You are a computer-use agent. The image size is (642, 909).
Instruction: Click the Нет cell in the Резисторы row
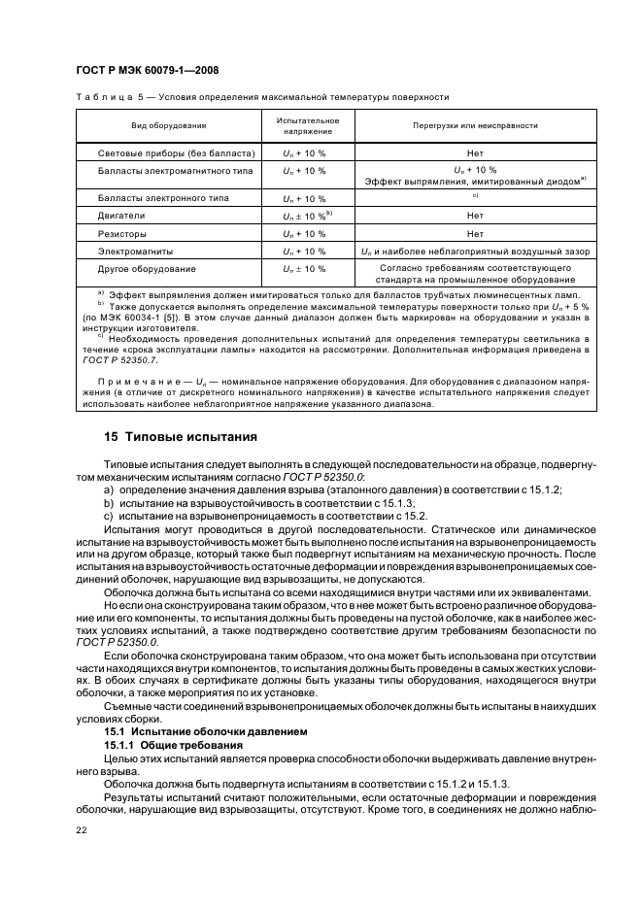pos(475,233)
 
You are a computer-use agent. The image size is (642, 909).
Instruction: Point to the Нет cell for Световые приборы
pos(475,153)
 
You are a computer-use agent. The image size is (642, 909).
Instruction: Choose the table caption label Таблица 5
pos(115,98)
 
